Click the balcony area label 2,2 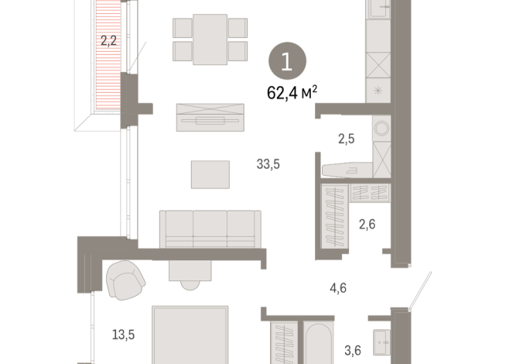click(x=108, y=40)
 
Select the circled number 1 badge click(x=287, y=63)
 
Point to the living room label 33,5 click(x=268, y=163)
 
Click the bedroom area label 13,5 click(x=124, y=335)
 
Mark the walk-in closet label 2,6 click(x=367, y=225)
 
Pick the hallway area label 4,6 click(x=337, y=288)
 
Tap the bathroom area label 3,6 click(x=352, y=350)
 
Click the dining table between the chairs click(x=210, y=39)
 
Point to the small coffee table click(x=210, y=174)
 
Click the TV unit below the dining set click(x=210, y=118)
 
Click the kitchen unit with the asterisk click(x=379, y=91)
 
